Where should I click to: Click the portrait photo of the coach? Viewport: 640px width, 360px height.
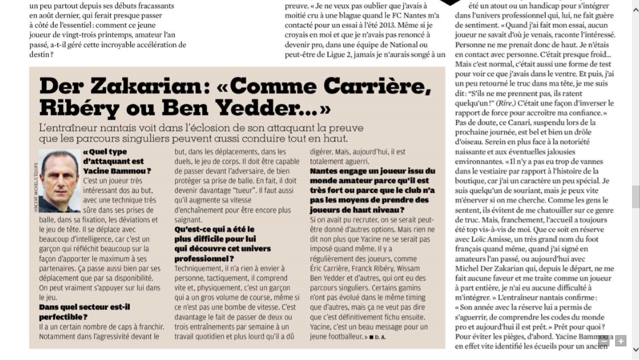pos(59,181)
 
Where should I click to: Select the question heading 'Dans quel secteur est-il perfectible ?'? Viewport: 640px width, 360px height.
pos(84,311)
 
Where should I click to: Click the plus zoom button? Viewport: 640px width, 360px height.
pos(621,341)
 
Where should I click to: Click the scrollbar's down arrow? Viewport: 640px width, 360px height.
pos(636,350)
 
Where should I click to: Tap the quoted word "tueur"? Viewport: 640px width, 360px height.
pos(254,191)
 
